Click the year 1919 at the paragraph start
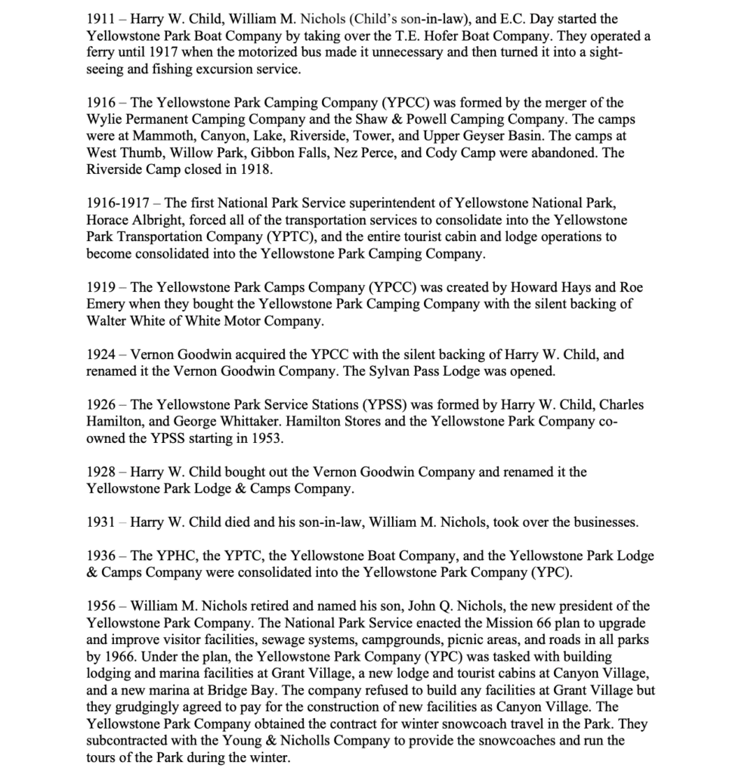point(100,287)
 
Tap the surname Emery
point(107,305)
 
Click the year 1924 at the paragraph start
point(100,354)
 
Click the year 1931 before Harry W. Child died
point(100,522)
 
